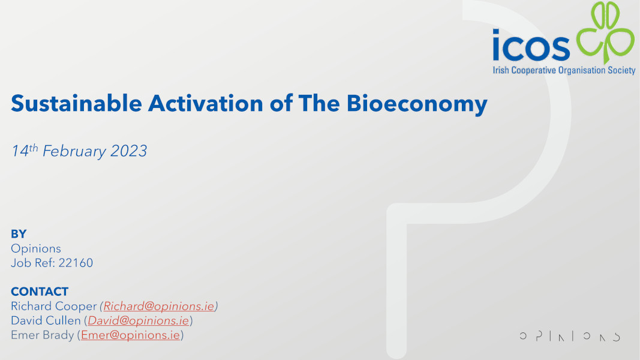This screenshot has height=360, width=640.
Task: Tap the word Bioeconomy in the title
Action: click(x=417, y=104)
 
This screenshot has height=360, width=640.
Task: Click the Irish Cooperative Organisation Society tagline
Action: click(x=563, y=71)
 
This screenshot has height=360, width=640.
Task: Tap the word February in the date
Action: click(x=74, y=151)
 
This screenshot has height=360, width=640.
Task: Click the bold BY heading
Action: click(x=19, y=234)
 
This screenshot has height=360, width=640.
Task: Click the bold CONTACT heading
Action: click(x=40, y=292)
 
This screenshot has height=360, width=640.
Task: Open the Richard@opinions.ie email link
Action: click(x=159, y=306)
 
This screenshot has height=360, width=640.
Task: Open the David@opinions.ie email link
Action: click(x=139, y=320)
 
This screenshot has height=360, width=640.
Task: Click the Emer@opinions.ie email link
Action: click(x=130, y=335)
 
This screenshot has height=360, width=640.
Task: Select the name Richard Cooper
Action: click(x=53, y=306)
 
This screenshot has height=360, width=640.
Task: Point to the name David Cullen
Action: click(x=46, y=320)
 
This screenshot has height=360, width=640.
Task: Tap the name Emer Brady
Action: click(x=43, y=335)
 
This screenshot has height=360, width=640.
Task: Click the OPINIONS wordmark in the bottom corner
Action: click(x=569, y=337)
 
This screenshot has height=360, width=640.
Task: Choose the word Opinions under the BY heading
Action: click(x=36, y=248)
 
